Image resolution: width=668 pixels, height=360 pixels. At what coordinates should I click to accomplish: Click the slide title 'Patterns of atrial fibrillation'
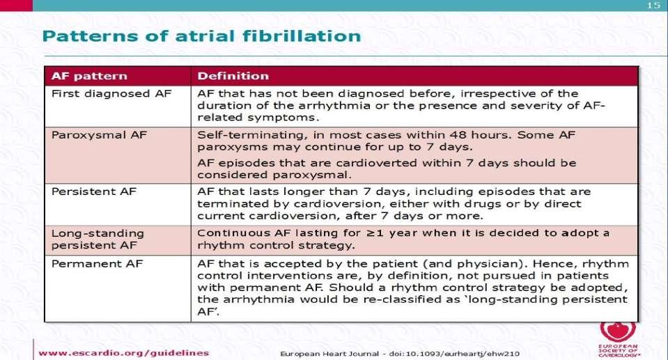pos(201,36)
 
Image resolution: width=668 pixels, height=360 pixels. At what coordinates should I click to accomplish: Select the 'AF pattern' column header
pos(89,77)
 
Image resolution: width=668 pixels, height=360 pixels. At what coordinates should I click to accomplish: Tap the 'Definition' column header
pos(233,76)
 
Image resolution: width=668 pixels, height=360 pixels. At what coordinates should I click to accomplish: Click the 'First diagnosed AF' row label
pos(111,94)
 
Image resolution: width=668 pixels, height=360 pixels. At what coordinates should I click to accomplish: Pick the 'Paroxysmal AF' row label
pos(99,136)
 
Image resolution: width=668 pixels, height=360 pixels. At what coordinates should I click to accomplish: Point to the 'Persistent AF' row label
pos(94,191)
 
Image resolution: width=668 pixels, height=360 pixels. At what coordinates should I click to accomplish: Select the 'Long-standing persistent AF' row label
pos(98,240)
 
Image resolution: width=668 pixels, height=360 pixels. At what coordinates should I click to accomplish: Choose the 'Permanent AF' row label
pos(97,264)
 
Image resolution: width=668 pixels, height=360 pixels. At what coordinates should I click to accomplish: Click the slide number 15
pos(653,5)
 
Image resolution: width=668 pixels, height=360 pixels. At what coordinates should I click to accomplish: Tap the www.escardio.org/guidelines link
pos(123,353)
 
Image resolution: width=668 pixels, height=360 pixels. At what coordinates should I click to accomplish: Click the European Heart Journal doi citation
pos(400,354)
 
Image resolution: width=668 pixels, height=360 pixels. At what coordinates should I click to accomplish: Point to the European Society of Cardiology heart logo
pos(618,331)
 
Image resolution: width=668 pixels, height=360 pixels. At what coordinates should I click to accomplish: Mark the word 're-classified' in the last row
pos(402,299)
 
